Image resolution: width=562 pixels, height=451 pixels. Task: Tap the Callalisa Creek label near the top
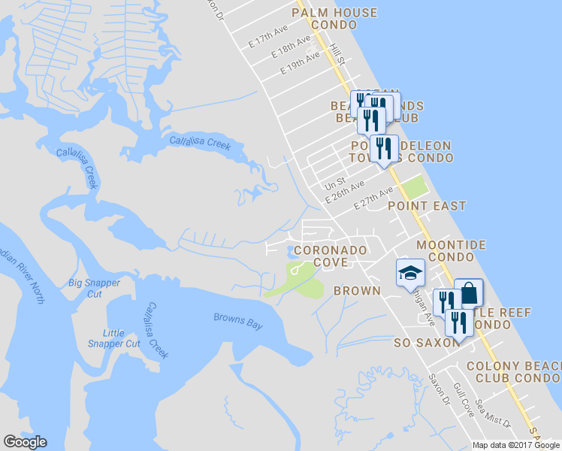199,142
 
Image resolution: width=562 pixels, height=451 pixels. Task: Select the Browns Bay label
238,321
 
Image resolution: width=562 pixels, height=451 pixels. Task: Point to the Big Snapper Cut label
94,288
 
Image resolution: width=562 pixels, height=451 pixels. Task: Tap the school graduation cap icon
410,272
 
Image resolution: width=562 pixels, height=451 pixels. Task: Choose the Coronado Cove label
331,256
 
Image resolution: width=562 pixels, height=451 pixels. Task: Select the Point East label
427,205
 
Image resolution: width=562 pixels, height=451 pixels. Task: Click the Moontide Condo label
452,251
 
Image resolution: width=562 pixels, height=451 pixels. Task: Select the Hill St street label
337,53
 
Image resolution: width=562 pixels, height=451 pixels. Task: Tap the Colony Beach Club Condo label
512,372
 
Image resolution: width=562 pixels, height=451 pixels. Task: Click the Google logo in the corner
25,442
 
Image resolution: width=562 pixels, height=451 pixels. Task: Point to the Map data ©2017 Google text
515,445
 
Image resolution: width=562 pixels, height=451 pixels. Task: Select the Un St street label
334,183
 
